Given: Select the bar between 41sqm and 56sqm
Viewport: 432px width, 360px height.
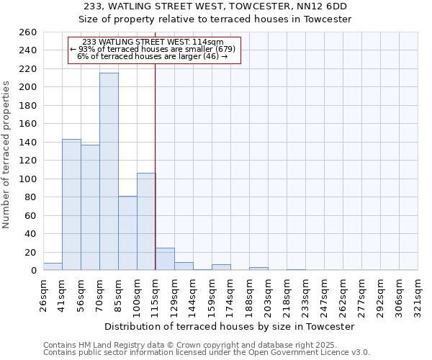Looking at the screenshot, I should coord(71,204).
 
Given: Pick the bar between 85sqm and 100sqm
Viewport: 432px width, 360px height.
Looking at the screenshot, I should coord(127,233).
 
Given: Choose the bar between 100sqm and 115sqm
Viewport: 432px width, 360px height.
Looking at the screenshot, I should coord(146,222).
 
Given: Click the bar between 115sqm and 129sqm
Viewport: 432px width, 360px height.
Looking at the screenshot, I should coord(165,259).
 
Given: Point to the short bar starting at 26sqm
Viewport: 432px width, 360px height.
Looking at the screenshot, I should coord(53,266).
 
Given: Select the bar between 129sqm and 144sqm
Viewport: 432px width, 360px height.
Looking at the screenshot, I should coord(184,266).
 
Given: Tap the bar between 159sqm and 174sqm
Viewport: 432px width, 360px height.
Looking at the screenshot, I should coord(221,267).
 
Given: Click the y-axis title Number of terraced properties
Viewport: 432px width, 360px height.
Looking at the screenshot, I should coord(7,155).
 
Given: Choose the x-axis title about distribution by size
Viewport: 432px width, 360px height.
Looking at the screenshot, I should coord(229,326).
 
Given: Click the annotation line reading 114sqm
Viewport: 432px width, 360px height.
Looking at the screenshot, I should coord(153,42).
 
